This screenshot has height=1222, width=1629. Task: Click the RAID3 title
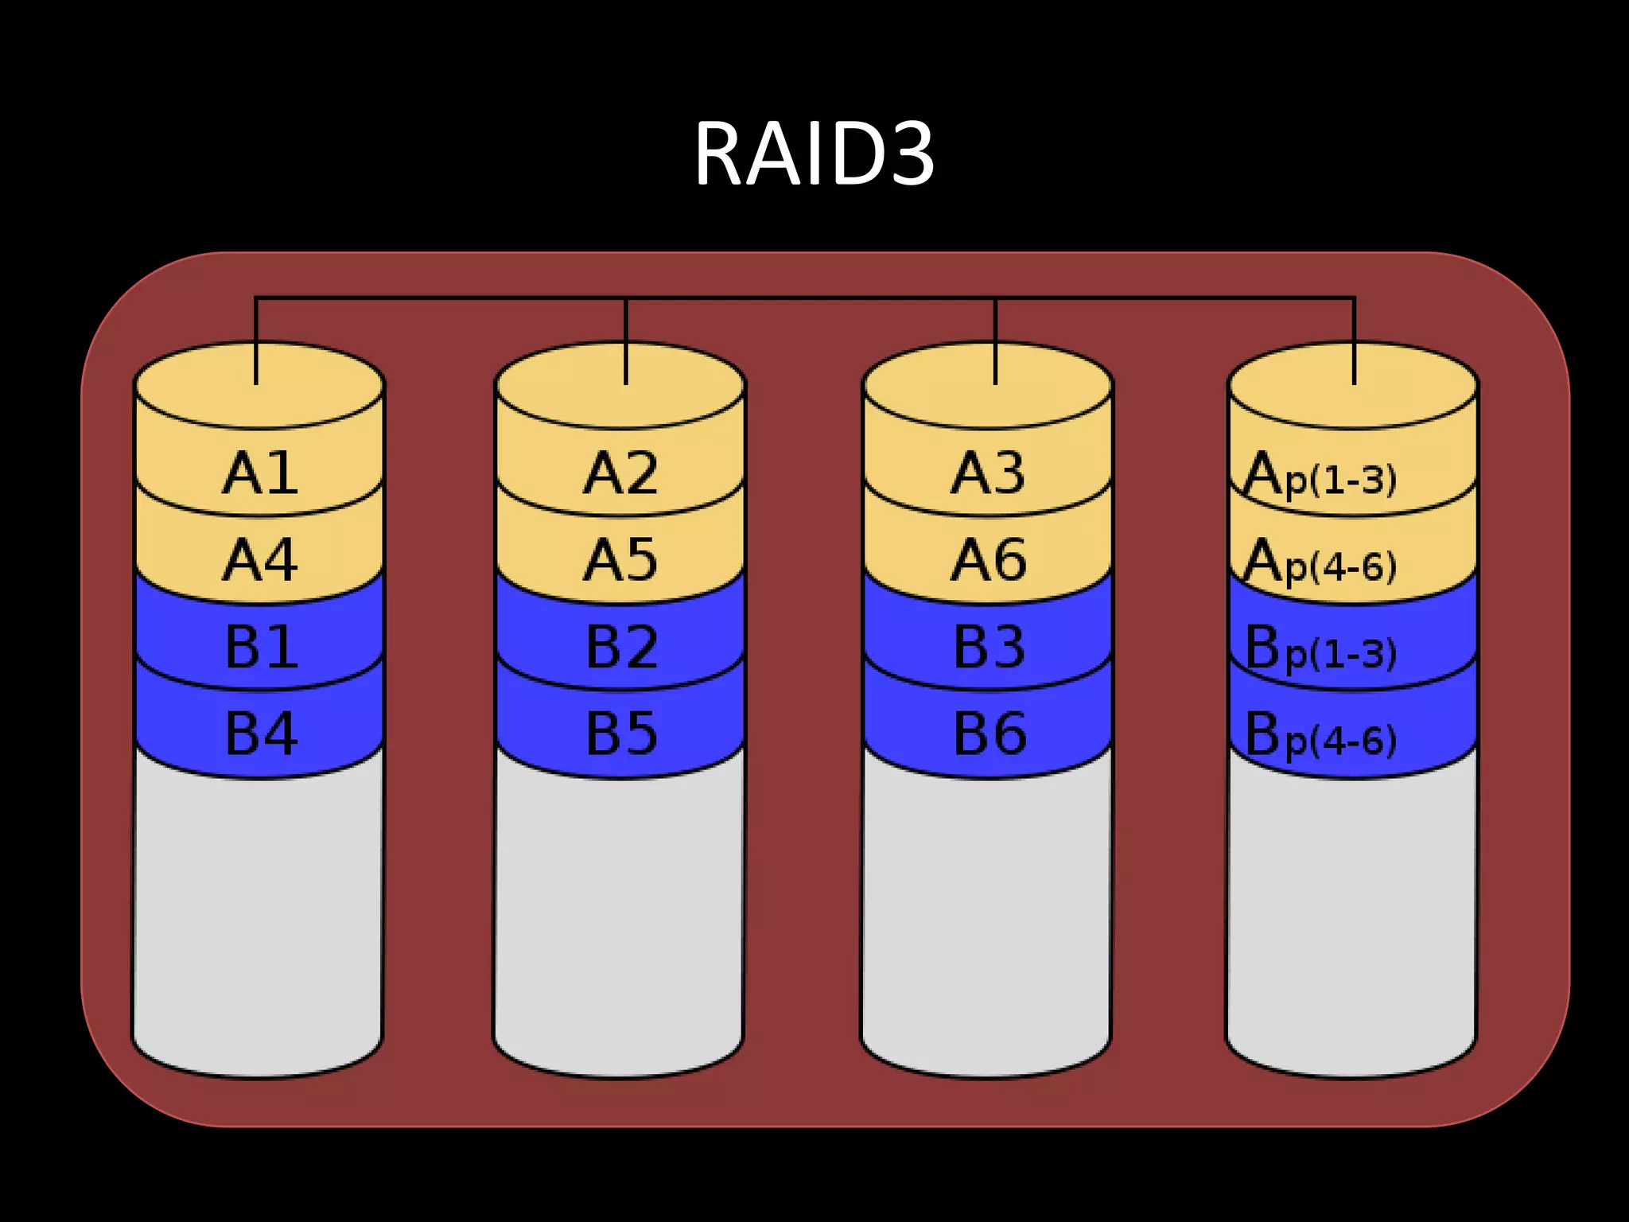814,154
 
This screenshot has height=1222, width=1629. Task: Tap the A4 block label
260,561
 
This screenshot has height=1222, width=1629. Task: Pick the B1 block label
261,647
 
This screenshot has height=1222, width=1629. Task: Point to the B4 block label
261,734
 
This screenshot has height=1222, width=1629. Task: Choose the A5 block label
620,561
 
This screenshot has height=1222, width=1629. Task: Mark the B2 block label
621,647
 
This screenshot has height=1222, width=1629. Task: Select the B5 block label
621,734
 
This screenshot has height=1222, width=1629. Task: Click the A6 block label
988,561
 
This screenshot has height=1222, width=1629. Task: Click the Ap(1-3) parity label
1319,476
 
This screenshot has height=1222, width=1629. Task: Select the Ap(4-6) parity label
1319,562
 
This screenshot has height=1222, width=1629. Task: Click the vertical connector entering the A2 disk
626,342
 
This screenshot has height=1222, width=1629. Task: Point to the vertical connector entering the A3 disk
995,342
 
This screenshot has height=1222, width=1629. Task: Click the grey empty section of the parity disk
1351,915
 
